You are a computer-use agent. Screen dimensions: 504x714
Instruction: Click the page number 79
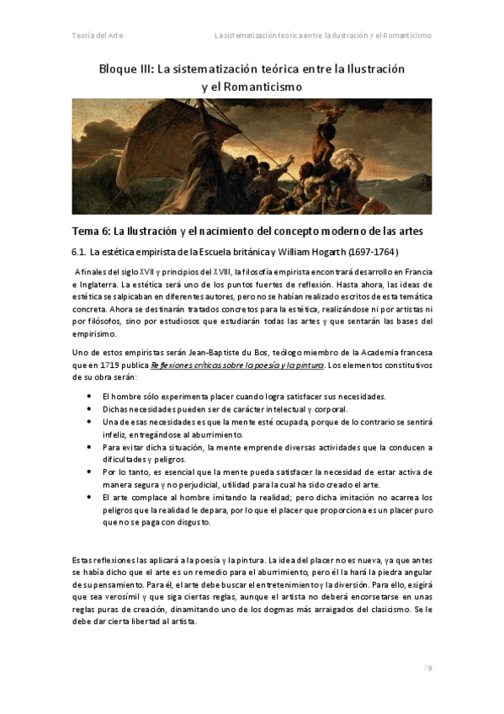pos(427,667)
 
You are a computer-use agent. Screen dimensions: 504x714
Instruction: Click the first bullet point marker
pos(90,396)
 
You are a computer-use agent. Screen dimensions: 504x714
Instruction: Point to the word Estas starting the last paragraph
pos(83,559)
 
